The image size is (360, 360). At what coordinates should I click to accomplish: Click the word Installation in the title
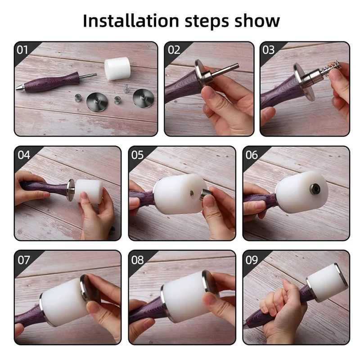pyautogui.click(x=131, y=21)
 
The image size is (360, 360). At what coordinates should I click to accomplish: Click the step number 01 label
pyautogui.click(x=22, y=50)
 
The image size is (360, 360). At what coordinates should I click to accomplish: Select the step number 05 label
pyautogui.click(x=137, y=155)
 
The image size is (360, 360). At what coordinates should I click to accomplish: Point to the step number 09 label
pyautogui.click(x=252, y=260)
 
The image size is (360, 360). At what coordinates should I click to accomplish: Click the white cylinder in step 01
pyautogui.click(x=117, y=68)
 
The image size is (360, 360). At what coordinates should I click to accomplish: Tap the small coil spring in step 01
pyautogui.click(x=126, y=89)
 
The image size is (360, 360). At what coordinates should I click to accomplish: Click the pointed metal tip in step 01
pyautogui.click(x=20, y=87)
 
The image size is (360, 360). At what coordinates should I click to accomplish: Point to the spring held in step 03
pyautogui.click(x=332, y=67)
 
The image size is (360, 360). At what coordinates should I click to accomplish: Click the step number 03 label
pyautogui.click(x=268, y=50)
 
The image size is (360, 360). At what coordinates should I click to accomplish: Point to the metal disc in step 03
pyautogui.click(x=303, y=82)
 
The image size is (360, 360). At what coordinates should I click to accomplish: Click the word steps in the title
pyautogui.click(x=207, y=22)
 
